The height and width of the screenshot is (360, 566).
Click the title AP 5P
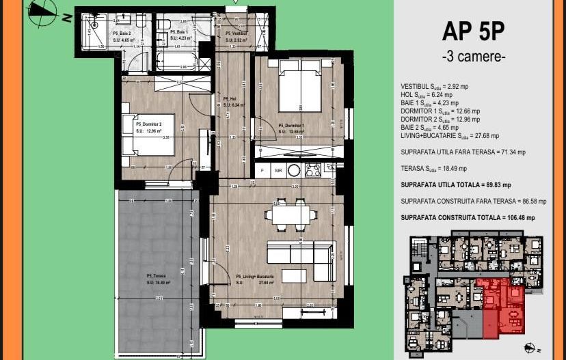pos(474,32)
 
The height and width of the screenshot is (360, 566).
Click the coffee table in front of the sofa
pos(293,275)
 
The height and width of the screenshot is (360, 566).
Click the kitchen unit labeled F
pos(262,169)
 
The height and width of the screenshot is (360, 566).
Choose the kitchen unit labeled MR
pos(278,169)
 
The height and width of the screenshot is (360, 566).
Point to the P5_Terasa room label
pos(157,276)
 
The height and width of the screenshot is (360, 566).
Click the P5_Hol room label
pos(229,99)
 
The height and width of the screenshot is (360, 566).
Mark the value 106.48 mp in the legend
pos(518,217)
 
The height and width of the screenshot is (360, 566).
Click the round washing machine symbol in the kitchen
pos(295,169)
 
